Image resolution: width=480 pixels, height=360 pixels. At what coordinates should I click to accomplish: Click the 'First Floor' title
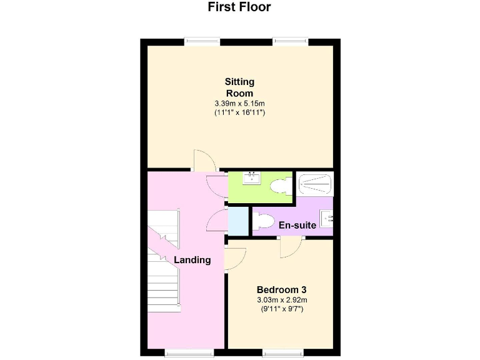239,7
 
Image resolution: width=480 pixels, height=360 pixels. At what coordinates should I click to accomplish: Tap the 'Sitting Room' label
239,87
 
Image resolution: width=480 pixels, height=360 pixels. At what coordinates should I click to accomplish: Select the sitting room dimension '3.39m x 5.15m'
239,103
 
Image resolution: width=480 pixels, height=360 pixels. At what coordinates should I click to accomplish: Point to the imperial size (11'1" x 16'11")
239,113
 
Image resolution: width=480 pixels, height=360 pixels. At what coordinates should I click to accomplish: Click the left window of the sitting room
202,42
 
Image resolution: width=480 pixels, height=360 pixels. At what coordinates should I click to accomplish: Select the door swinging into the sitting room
204,161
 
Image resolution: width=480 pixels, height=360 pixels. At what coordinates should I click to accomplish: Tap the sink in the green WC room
252,179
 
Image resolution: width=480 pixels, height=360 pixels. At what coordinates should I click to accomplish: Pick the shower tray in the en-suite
316,184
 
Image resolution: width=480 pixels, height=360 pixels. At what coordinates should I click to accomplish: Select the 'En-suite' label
297,226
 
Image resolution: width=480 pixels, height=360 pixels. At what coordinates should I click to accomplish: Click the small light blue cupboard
237,219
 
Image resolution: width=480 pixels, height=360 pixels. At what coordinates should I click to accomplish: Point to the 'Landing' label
192,260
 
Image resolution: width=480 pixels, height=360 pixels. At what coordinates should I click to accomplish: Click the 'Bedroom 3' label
281,290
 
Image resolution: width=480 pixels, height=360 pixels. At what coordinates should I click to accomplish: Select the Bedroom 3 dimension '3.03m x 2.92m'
281,300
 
